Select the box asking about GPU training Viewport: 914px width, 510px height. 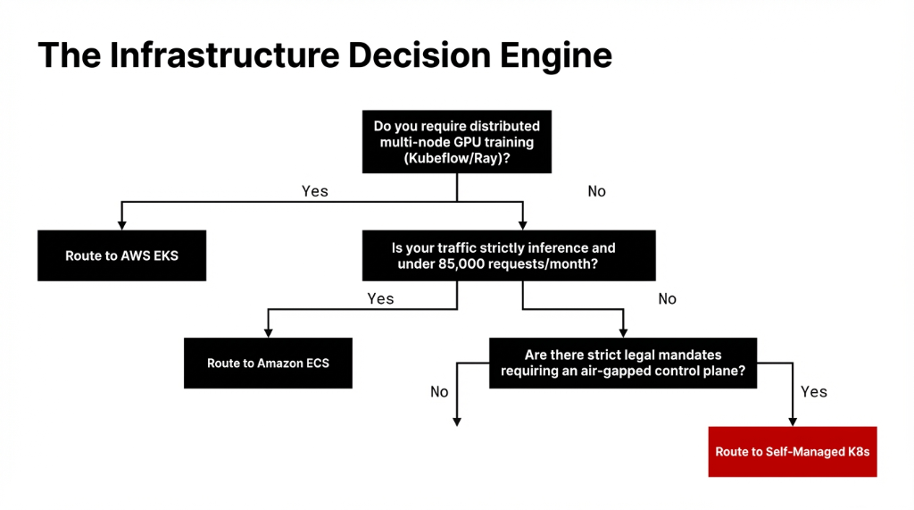click(456, 142)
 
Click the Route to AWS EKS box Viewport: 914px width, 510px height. click(121, 256)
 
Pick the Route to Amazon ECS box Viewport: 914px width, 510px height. click(268, 364)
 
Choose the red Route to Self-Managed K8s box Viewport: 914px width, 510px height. click(792, 452)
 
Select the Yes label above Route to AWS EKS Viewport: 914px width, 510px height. click(315, 191)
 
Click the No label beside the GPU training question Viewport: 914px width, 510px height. click(596, 191)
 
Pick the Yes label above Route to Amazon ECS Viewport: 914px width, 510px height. click(380, 298)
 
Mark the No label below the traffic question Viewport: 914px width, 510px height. click(667, 298)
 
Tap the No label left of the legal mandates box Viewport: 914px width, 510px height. click(439, 391)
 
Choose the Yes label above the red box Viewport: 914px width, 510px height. click(814, 391)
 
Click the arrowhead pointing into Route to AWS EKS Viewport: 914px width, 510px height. click(121, 225)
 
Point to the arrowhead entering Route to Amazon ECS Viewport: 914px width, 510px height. click(268, 332)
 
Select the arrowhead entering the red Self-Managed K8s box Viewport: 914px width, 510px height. click(792, 422)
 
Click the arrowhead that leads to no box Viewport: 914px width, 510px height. click(457, 422)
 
